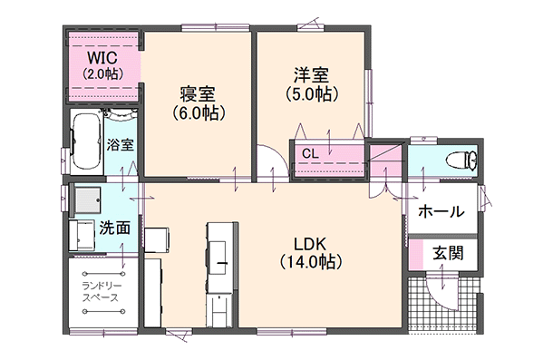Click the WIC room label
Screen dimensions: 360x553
point(101,57)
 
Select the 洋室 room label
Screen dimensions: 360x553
point(312,74)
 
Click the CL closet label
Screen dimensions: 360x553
point(310,153)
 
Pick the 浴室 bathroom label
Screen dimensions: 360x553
point(121,144)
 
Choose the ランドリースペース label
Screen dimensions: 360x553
point(101,291)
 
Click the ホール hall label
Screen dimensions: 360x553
point(441,211)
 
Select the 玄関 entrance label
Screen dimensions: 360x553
point(447,253)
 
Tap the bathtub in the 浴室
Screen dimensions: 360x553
point(87,141)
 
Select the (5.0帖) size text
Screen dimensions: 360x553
point(312,92)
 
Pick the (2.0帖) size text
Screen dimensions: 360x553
point(101,73)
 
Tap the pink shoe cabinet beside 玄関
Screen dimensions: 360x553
point(415,253)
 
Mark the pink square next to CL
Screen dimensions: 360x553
point(384,161)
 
